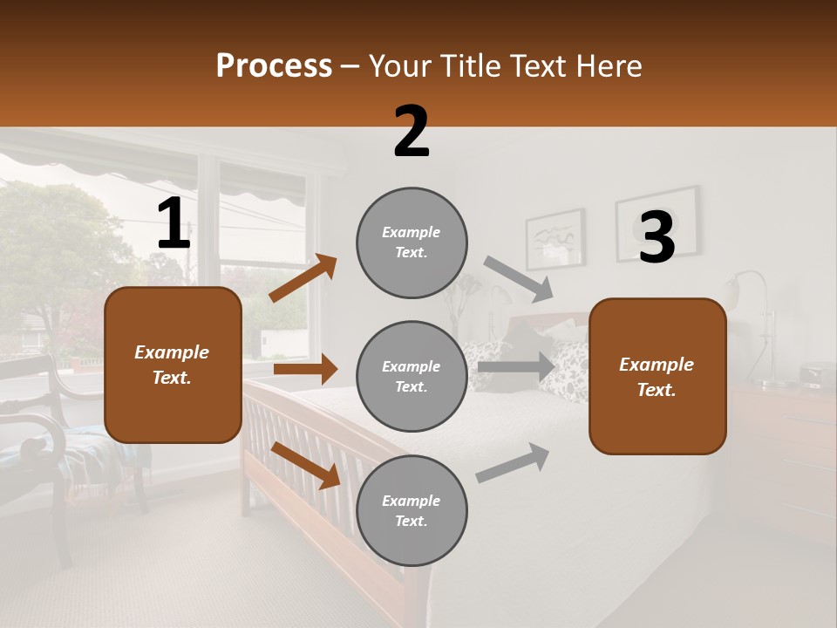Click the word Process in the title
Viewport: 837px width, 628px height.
(x=274, y=66)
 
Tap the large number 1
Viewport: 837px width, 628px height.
(x=174, y=224)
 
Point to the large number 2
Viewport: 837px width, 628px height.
(x=412, y=132)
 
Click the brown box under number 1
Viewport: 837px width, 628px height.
(x=173, y=365)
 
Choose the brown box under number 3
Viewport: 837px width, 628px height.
(x=657, y=376)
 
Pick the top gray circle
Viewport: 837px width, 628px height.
(x=412, y=242)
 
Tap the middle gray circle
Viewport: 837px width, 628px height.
(x=412, y=376)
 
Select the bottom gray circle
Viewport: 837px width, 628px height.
(x=412, y=510)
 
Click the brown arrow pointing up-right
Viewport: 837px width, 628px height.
(x=303, y=278)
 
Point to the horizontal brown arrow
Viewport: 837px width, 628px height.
(x=305, y=369)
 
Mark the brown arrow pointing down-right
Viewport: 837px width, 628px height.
(x=305, y=465)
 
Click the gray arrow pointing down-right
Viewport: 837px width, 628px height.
(x=519, y=280)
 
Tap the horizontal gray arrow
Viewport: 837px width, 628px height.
(x=516, y=366)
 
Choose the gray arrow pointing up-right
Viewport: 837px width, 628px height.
(x=513, y=463)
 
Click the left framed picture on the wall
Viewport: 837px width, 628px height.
(x=555, y=237)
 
